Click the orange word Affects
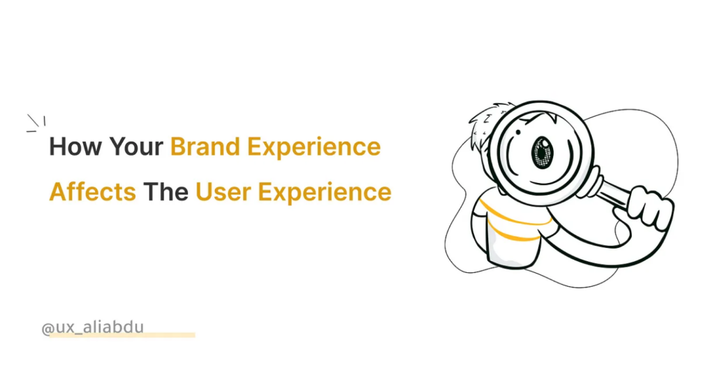[92, 191]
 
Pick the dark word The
[165, 191]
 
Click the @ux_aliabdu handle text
[92, 327]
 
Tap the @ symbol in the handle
[47, 327]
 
